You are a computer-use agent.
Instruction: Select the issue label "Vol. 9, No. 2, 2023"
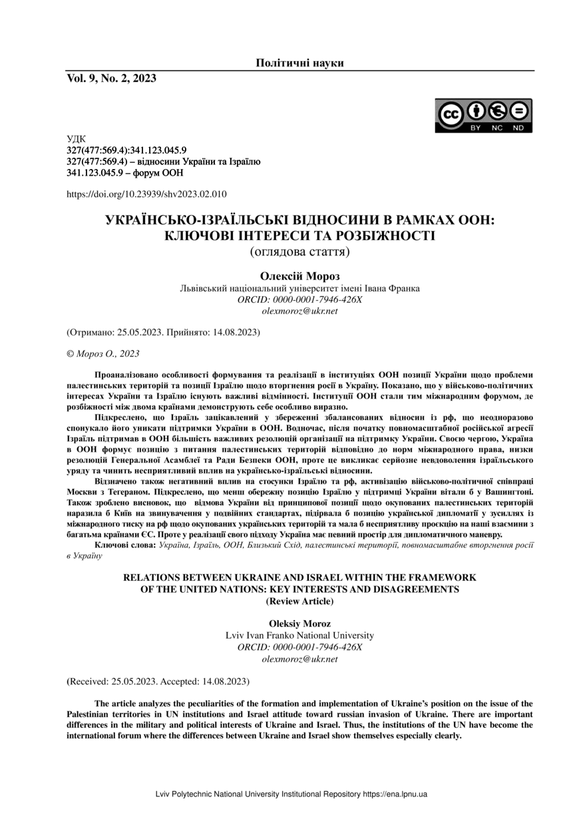[x=111, y=79]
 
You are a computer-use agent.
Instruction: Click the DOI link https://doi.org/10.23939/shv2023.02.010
[x=147, y=194]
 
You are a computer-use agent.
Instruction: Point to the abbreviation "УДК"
[x=77, y=139]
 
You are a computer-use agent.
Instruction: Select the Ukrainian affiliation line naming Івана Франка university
[x=299, y=289]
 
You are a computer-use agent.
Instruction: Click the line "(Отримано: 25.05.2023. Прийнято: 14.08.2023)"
[x=163, y=331]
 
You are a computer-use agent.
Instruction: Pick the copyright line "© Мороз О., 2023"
[x=103, y=354]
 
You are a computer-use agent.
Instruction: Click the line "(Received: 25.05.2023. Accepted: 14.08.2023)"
[x=158, y=681]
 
